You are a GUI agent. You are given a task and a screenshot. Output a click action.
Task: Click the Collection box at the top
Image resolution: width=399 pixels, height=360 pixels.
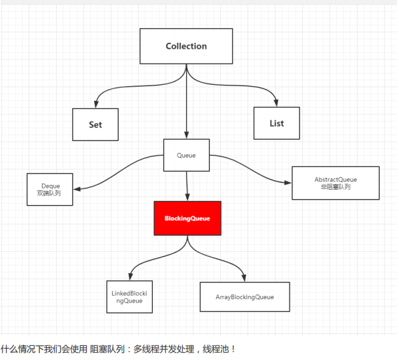pyautogui.click(x=186, y=46)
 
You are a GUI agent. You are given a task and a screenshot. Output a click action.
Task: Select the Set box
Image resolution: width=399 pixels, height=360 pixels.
pyautogui.click(x=95, y=125)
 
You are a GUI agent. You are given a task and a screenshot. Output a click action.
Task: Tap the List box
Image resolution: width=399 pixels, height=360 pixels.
pyautogui.click(x=277, y=124)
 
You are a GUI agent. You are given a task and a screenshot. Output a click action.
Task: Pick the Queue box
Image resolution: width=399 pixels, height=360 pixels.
pyautogui.click(x=187, y=155)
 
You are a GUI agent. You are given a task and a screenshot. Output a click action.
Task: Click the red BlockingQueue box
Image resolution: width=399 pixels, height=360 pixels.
pyautogui.click(x=187, y=218)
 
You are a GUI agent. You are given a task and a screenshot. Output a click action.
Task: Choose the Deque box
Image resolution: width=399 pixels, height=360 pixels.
pyautogui.click(x=50, y=189)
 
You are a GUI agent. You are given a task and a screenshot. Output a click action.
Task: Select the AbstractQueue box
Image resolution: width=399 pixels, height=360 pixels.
pyautogui.click(x=336, y=183)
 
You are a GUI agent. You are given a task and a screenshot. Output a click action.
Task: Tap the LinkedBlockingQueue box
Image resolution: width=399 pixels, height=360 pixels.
pyautogui.click(x=129, y=297)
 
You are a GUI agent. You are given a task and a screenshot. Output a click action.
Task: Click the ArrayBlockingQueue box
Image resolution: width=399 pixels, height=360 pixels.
pyautogui.click(x=245, y=297)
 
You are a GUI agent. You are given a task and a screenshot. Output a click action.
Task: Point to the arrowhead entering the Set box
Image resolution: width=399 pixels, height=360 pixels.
pyautogui.click(x=96, y=104)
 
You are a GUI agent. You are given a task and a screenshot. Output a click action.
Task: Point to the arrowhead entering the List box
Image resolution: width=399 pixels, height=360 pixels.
pyautogui.click(x=276, y=103)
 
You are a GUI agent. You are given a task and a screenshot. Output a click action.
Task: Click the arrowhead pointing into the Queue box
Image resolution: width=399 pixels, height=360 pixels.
pyautogui.click(x=187, y=136)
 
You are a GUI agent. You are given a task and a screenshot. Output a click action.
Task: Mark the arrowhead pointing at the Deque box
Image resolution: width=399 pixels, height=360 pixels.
pyautogui.click(x=77, y=189)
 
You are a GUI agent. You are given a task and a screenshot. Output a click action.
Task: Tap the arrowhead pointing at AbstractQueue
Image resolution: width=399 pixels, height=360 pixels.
pyautogui.click(x=288, y=183)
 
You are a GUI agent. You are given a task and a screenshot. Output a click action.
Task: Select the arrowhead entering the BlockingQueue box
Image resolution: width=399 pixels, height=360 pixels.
pyautogui.click(x=187, y=198)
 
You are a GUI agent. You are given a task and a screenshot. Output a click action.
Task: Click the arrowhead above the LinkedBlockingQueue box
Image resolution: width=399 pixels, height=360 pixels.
pyautogui.click(x=131, y=277)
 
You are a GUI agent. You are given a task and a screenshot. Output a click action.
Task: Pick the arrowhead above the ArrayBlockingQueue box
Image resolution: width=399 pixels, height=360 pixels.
pyautogui.click(x=244, y=279)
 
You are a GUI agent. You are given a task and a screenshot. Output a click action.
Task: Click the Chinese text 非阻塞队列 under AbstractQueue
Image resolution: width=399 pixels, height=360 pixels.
pyautogui.click(x=336, y=187)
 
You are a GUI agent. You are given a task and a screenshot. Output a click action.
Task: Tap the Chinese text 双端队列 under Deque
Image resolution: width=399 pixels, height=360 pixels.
pyautogui.click(x=49, y=194)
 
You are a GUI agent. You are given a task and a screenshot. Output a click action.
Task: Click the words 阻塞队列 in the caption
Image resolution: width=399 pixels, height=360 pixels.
pyautogui.click(x=107, y=349)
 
